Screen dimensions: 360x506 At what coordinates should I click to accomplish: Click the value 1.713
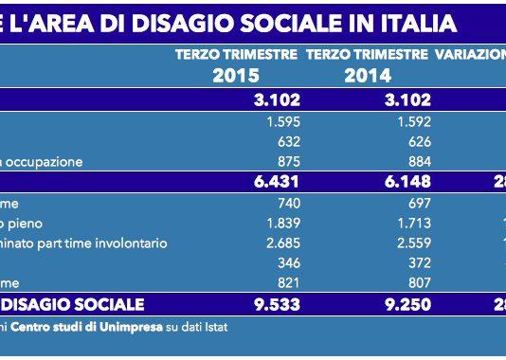tap(413, 223)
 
